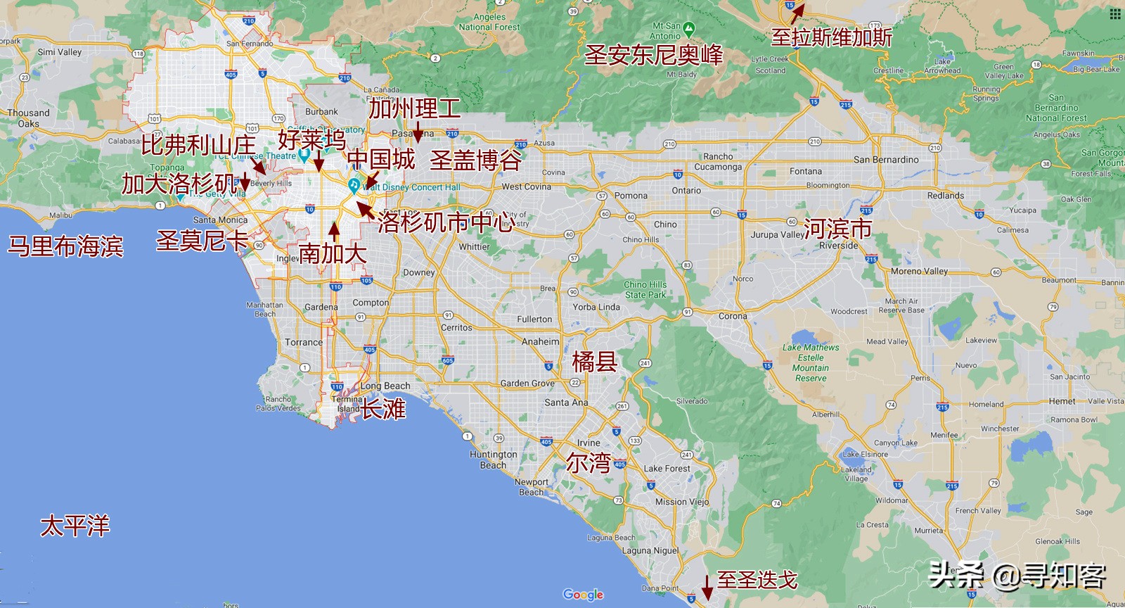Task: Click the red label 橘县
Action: (594, 362)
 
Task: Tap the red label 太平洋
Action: (75, 526)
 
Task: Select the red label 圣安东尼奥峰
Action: (653, 55)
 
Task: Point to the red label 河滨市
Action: (837, 228)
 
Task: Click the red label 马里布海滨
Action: (65, 246)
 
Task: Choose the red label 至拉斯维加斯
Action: (831, 37)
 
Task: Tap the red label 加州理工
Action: (415, 109)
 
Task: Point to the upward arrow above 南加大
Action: (335, 230)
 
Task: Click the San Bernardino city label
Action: (886, 160)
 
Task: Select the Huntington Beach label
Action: (493, 460)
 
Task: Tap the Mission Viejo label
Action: (682, 502)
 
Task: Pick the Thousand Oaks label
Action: (29, 118)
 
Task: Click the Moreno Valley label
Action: (919, 271)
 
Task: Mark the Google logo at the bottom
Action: (583, 595)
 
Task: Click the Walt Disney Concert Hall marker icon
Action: (354, 185)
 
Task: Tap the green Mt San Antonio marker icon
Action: (689, 30)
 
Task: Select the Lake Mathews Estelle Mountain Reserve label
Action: (811, 362)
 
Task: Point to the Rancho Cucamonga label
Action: (718, 162)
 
